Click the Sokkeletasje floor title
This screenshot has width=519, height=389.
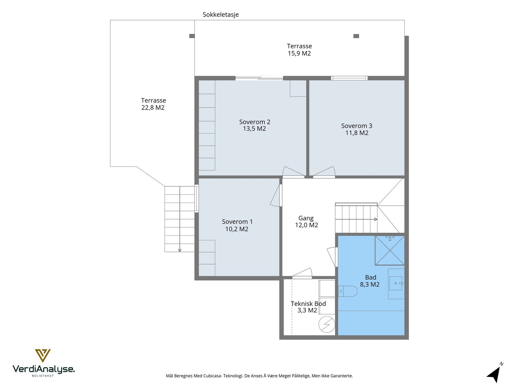coord(220,15)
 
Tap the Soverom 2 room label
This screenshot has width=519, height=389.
coord(254,122)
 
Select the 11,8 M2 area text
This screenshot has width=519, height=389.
coord(356,133)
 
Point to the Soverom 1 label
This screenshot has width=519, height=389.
coord(237,222)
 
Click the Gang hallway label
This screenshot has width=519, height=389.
coord(306,218)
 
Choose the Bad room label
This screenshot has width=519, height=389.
coord(370,277)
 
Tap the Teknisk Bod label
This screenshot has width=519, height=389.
coord(308,303)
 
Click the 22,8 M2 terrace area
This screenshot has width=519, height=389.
coord(153,108)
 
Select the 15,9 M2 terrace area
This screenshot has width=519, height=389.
coord(299,53)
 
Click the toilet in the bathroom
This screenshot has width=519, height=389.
coord(348,291)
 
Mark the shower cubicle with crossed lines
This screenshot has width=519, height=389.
coord(390,250)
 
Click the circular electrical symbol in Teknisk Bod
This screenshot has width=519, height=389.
coord(327,324)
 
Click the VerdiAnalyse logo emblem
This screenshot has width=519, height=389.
coord(43,356)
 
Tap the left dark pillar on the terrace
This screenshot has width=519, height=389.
coord(192,36)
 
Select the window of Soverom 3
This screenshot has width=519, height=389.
coord(349,78)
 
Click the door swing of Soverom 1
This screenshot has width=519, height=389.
coord(275,195)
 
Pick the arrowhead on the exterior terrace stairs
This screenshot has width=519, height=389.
coord(180,250)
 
